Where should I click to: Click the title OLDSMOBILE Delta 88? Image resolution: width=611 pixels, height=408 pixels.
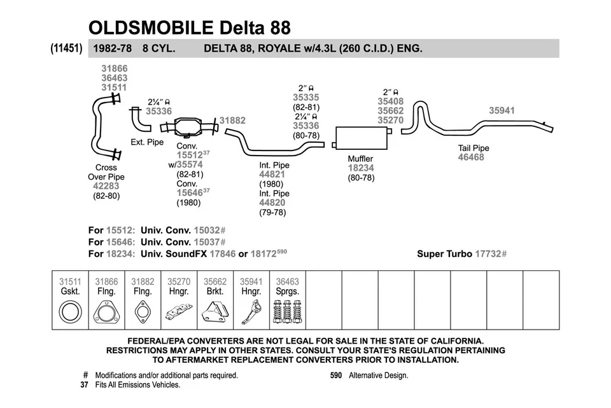pyautogui.click(x=190, y=27)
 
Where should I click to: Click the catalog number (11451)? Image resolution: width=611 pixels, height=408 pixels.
pyautogui.click(x=66, y=48)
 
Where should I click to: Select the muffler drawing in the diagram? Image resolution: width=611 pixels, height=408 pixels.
pyautogui.click(x=361, y=135)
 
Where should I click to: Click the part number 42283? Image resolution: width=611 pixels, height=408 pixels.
pyautogui.click(x=106, y=187)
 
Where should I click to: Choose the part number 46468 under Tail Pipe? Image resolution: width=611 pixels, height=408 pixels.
pyautogui.click(x=471, y=157)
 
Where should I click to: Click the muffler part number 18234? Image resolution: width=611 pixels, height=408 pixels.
pyautogui.click(x=361, y=168)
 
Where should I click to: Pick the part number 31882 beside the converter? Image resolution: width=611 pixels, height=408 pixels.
pyautogui.click(x=232, y=120)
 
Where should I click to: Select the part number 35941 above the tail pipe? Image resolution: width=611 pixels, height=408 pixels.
pyautogui.click(x=502, y=110)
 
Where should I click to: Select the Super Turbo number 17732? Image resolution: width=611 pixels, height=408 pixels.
pyautogui.click(x=488, y=254)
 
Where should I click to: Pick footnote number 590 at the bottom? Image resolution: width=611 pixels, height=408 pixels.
pyautogui.click(x=336, y=375)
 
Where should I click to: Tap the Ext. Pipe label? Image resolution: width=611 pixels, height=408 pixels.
pyautogui.click(x=147, y=142)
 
